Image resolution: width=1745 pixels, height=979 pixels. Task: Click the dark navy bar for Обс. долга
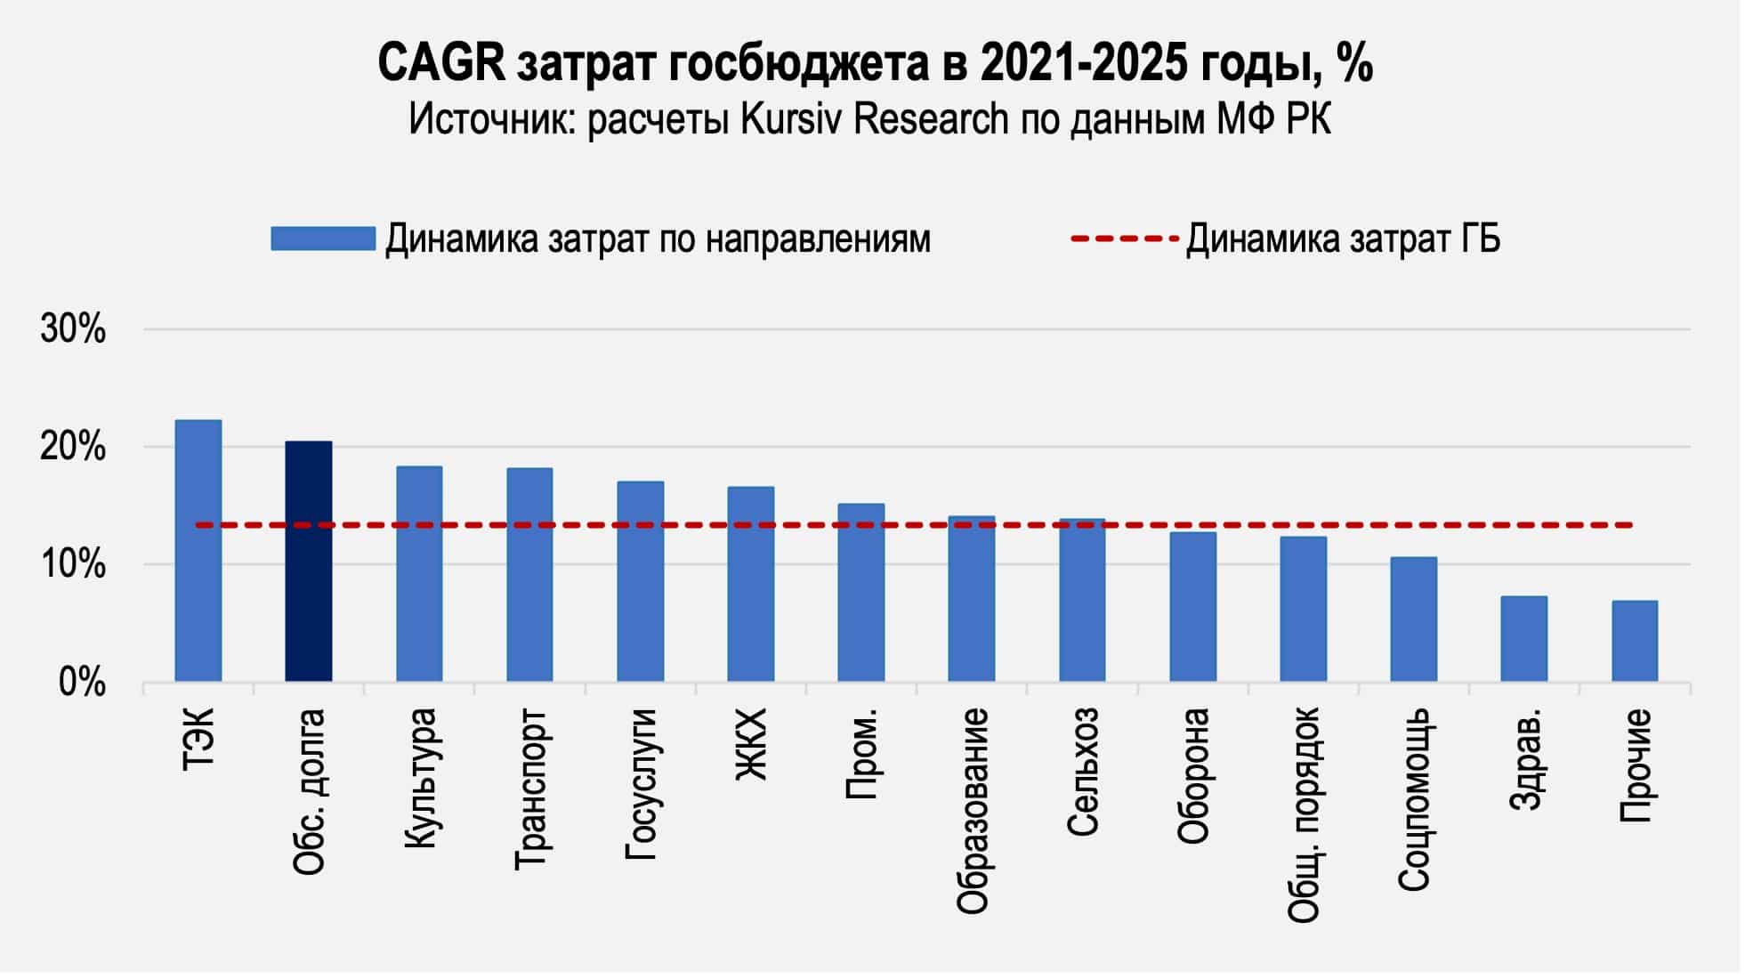point(308,561)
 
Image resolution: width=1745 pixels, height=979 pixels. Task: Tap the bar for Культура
point(418,574)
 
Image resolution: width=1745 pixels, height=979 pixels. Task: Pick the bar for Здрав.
point(1523,638)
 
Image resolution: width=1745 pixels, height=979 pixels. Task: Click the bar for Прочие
point(1634,641)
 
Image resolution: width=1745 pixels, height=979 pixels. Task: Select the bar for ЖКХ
point(750,584)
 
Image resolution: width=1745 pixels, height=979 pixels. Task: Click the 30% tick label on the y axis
point(73,330)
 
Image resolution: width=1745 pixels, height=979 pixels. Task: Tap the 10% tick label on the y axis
point(73,565)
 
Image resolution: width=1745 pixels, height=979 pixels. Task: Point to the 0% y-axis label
point(82,683)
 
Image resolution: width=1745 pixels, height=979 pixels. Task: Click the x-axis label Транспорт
point(531,789)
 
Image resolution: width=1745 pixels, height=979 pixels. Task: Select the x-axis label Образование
point(972,810)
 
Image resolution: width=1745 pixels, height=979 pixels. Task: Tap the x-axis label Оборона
point(1192,774)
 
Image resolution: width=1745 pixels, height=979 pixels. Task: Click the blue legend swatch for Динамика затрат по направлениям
point(322,239)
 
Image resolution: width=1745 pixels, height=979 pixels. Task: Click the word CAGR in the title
point(441,64)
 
